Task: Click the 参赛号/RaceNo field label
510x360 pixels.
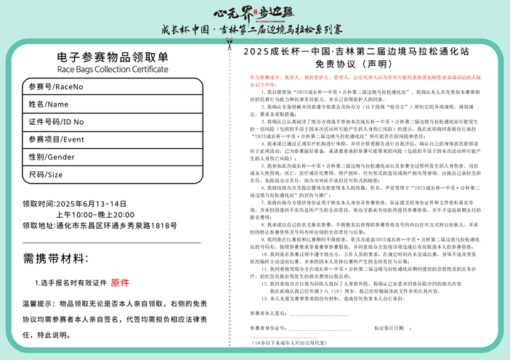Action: click(55, 87)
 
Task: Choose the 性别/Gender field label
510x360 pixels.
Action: click(52, 157)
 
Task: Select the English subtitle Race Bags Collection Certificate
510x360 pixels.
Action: click(112, 70)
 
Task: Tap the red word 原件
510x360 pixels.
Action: click(120, 282)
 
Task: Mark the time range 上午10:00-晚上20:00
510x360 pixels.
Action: click(95, 215)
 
